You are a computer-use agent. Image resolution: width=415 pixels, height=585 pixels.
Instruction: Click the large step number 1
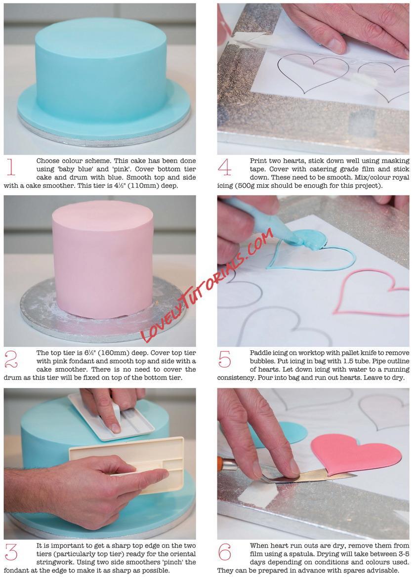11,167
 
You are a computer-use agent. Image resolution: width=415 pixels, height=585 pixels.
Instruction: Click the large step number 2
11,359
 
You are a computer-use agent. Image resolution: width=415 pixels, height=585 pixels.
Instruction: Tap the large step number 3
11,551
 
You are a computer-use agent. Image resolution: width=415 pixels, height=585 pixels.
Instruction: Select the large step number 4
224,167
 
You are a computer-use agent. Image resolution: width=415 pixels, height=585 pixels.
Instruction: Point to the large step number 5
224,359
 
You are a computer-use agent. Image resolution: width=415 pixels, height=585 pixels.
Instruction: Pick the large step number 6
224,552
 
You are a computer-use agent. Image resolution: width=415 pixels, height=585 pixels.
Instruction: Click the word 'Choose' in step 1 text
48,161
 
